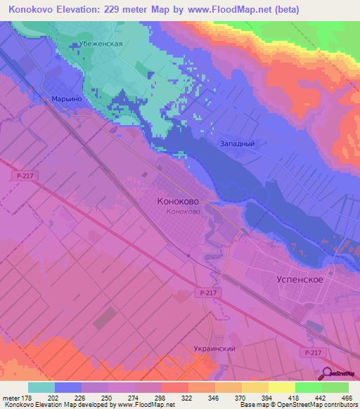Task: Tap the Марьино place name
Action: [67, 99]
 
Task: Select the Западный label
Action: [236, 143]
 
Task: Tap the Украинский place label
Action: [213, 349]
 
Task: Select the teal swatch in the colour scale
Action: [41, 388]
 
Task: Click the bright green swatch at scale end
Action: [335, 388]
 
